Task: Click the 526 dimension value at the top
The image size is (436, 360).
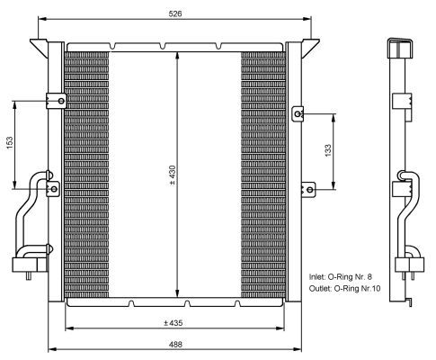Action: [175, 13]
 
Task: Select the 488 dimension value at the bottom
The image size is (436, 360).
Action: [175, 345]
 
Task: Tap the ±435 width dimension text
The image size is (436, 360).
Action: [174, 323]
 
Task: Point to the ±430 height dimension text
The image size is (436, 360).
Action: [173, 175]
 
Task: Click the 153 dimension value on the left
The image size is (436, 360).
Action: [10, 143]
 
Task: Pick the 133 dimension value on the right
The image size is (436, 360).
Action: [328, 150]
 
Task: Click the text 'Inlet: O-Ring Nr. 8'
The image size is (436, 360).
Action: [341, 276]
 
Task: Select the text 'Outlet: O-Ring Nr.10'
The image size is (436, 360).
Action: [344, 289]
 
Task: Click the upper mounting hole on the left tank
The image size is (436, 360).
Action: [61, 101]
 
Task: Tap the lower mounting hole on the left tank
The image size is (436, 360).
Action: [54, 189]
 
